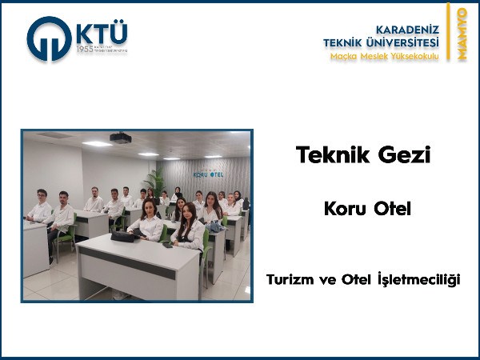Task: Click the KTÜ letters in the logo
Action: pyautogui.click(x=101, y=34)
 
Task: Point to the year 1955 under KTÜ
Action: pyautogui.click(x=85, y=50)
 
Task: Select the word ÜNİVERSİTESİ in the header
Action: pyautogui.click(x=399, y=42)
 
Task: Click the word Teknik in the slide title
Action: pyautogui.click(x=329, y=154)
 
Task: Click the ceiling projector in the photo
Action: pyautogui.click(x=121, y=138)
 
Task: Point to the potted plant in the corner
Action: pyautogui.click(x=156, y=182)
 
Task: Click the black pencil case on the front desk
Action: pyautogui.click(x=123, y=236)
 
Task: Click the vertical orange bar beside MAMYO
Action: pyautogui.click(x=450, y=34)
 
